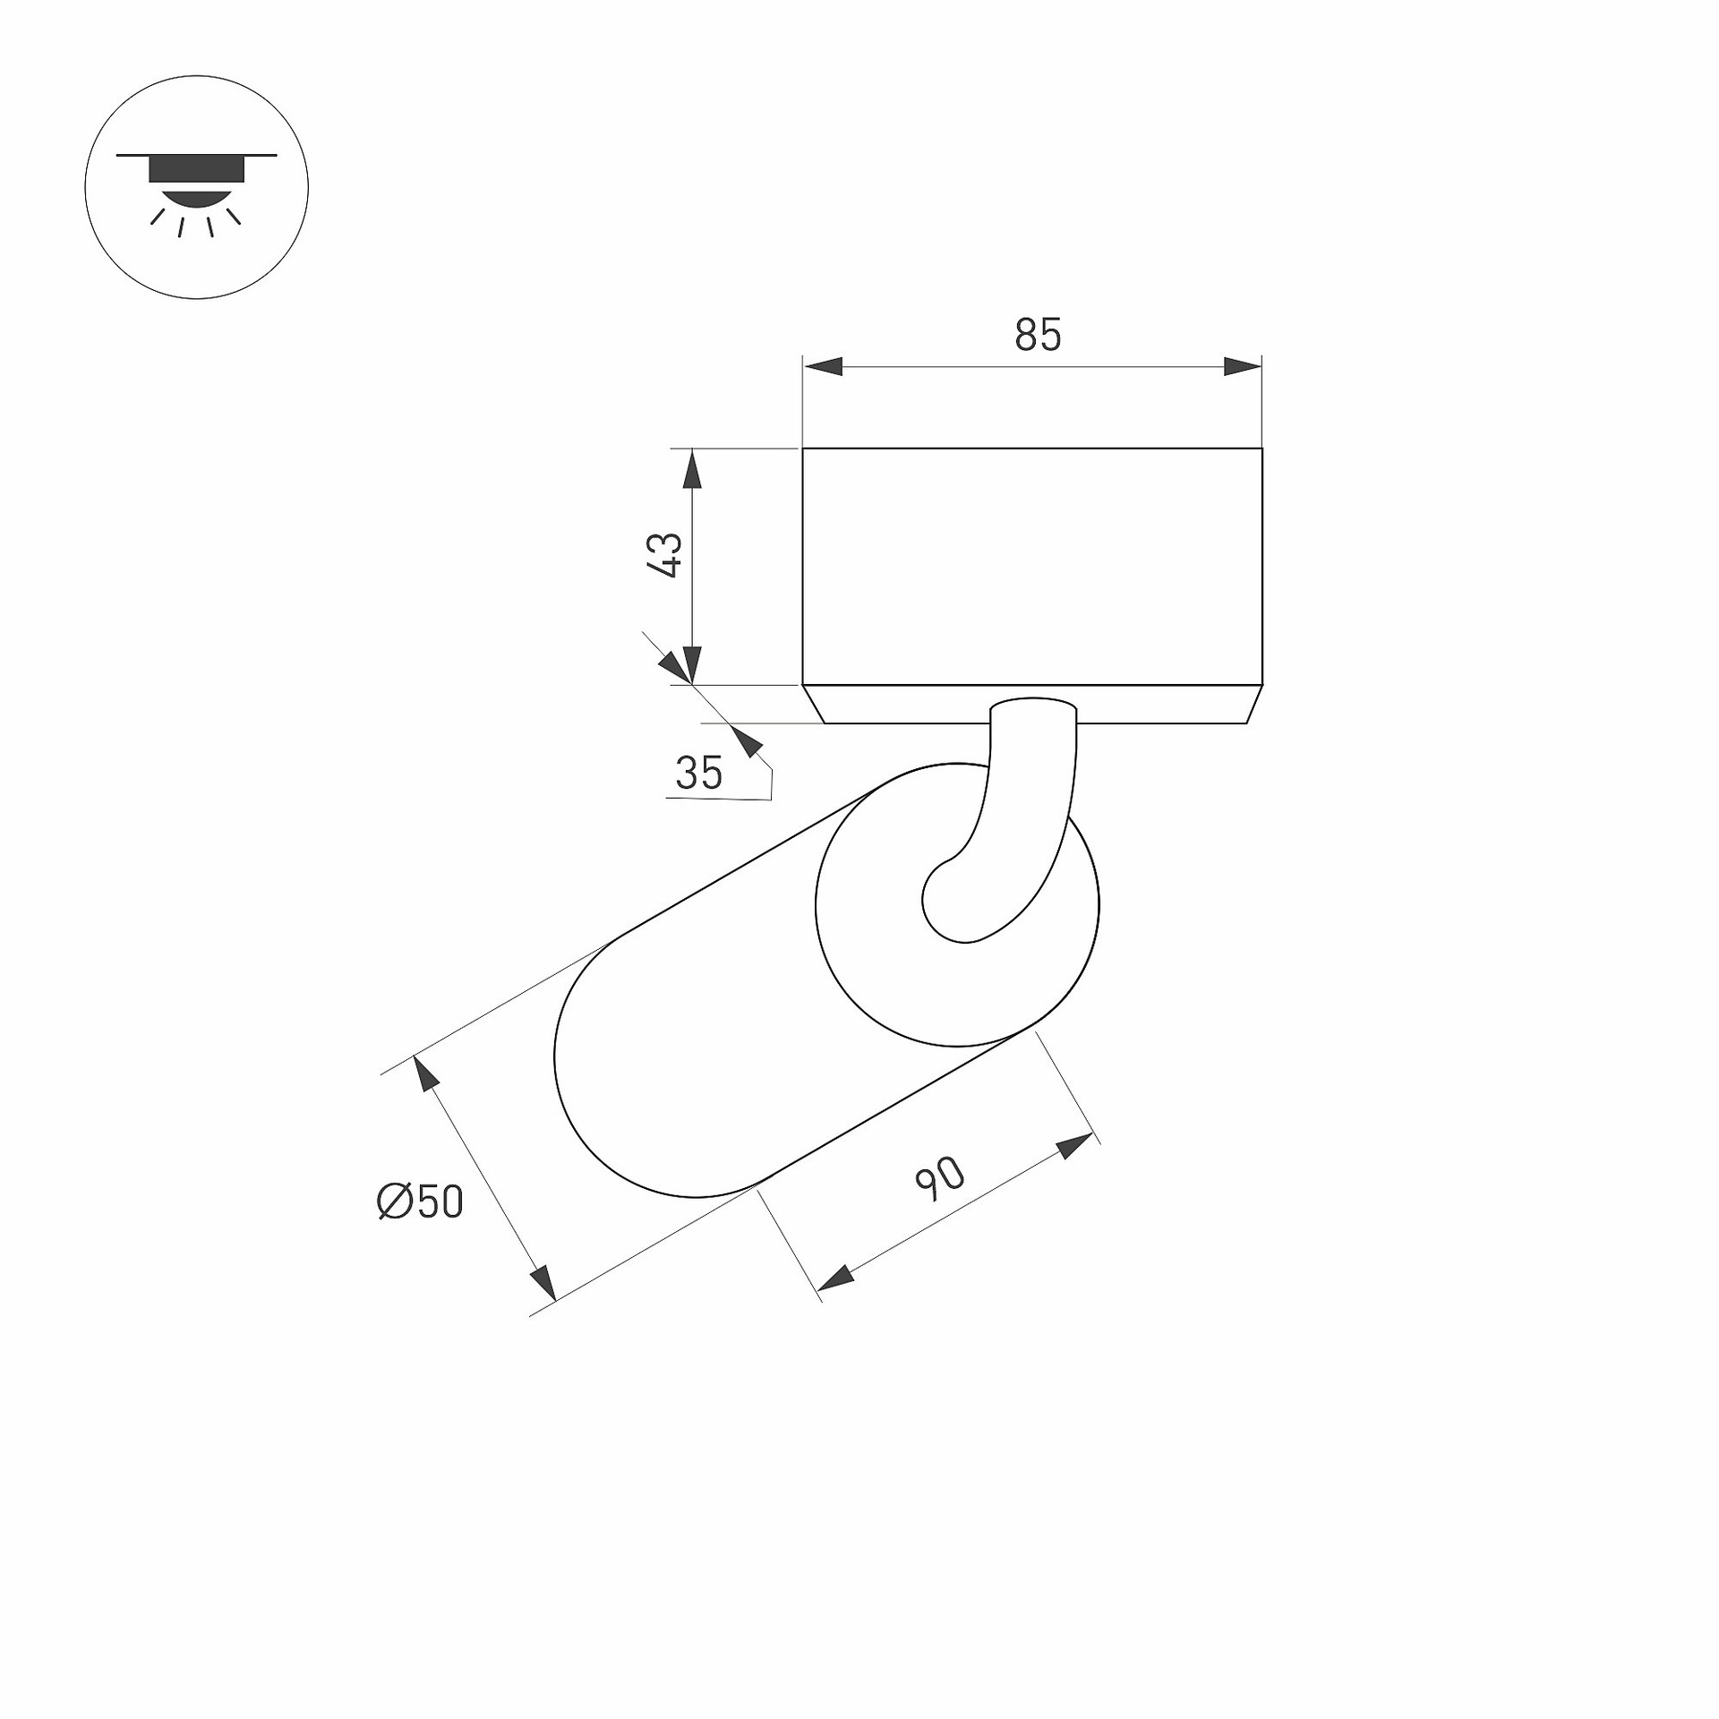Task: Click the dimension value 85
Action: point(1038,335)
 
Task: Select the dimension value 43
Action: point(665,555)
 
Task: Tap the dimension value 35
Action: point(699,773)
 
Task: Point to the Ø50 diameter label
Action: point(421,1202)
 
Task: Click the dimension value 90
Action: point(940,1178)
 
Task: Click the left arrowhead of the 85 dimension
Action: point(823,366)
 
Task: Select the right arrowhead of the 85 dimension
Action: point(1243,366)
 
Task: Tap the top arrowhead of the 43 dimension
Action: point(691,468)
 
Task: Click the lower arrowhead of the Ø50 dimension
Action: point(544,1281)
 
